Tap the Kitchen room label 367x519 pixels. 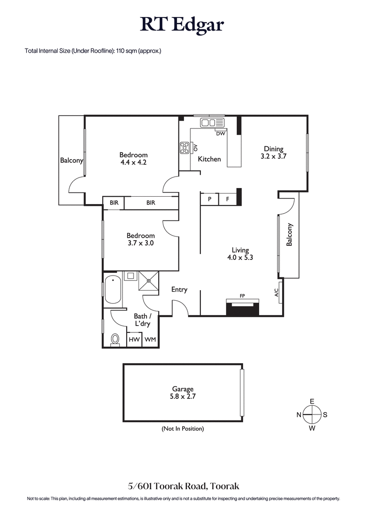[209, 159]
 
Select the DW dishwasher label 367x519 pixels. [220, 134]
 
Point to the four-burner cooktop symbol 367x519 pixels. [185, 148]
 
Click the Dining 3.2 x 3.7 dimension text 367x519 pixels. [273, 156]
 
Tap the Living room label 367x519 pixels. [240, 250]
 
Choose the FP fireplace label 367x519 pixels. [242, 296]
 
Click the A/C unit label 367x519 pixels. [277, 292]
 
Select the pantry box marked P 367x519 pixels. [209, 199]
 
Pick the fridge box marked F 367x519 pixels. [227, 199]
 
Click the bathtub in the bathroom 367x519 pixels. [112, 289]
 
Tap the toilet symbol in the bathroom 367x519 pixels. [115, 339]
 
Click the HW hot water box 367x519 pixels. [134, 340]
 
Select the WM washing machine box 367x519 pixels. [150, 340]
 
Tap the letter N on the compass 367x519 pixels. [299, 415]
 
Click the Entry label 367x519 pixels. [179, 289]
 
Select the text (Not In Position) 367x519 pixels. [183, 429]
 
